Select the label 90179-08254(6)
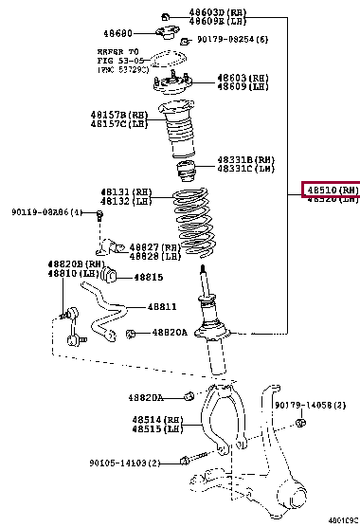[232, 40]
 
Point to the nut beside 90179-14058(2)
[300, 422]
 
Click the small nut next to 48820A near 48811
[132, 333]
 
